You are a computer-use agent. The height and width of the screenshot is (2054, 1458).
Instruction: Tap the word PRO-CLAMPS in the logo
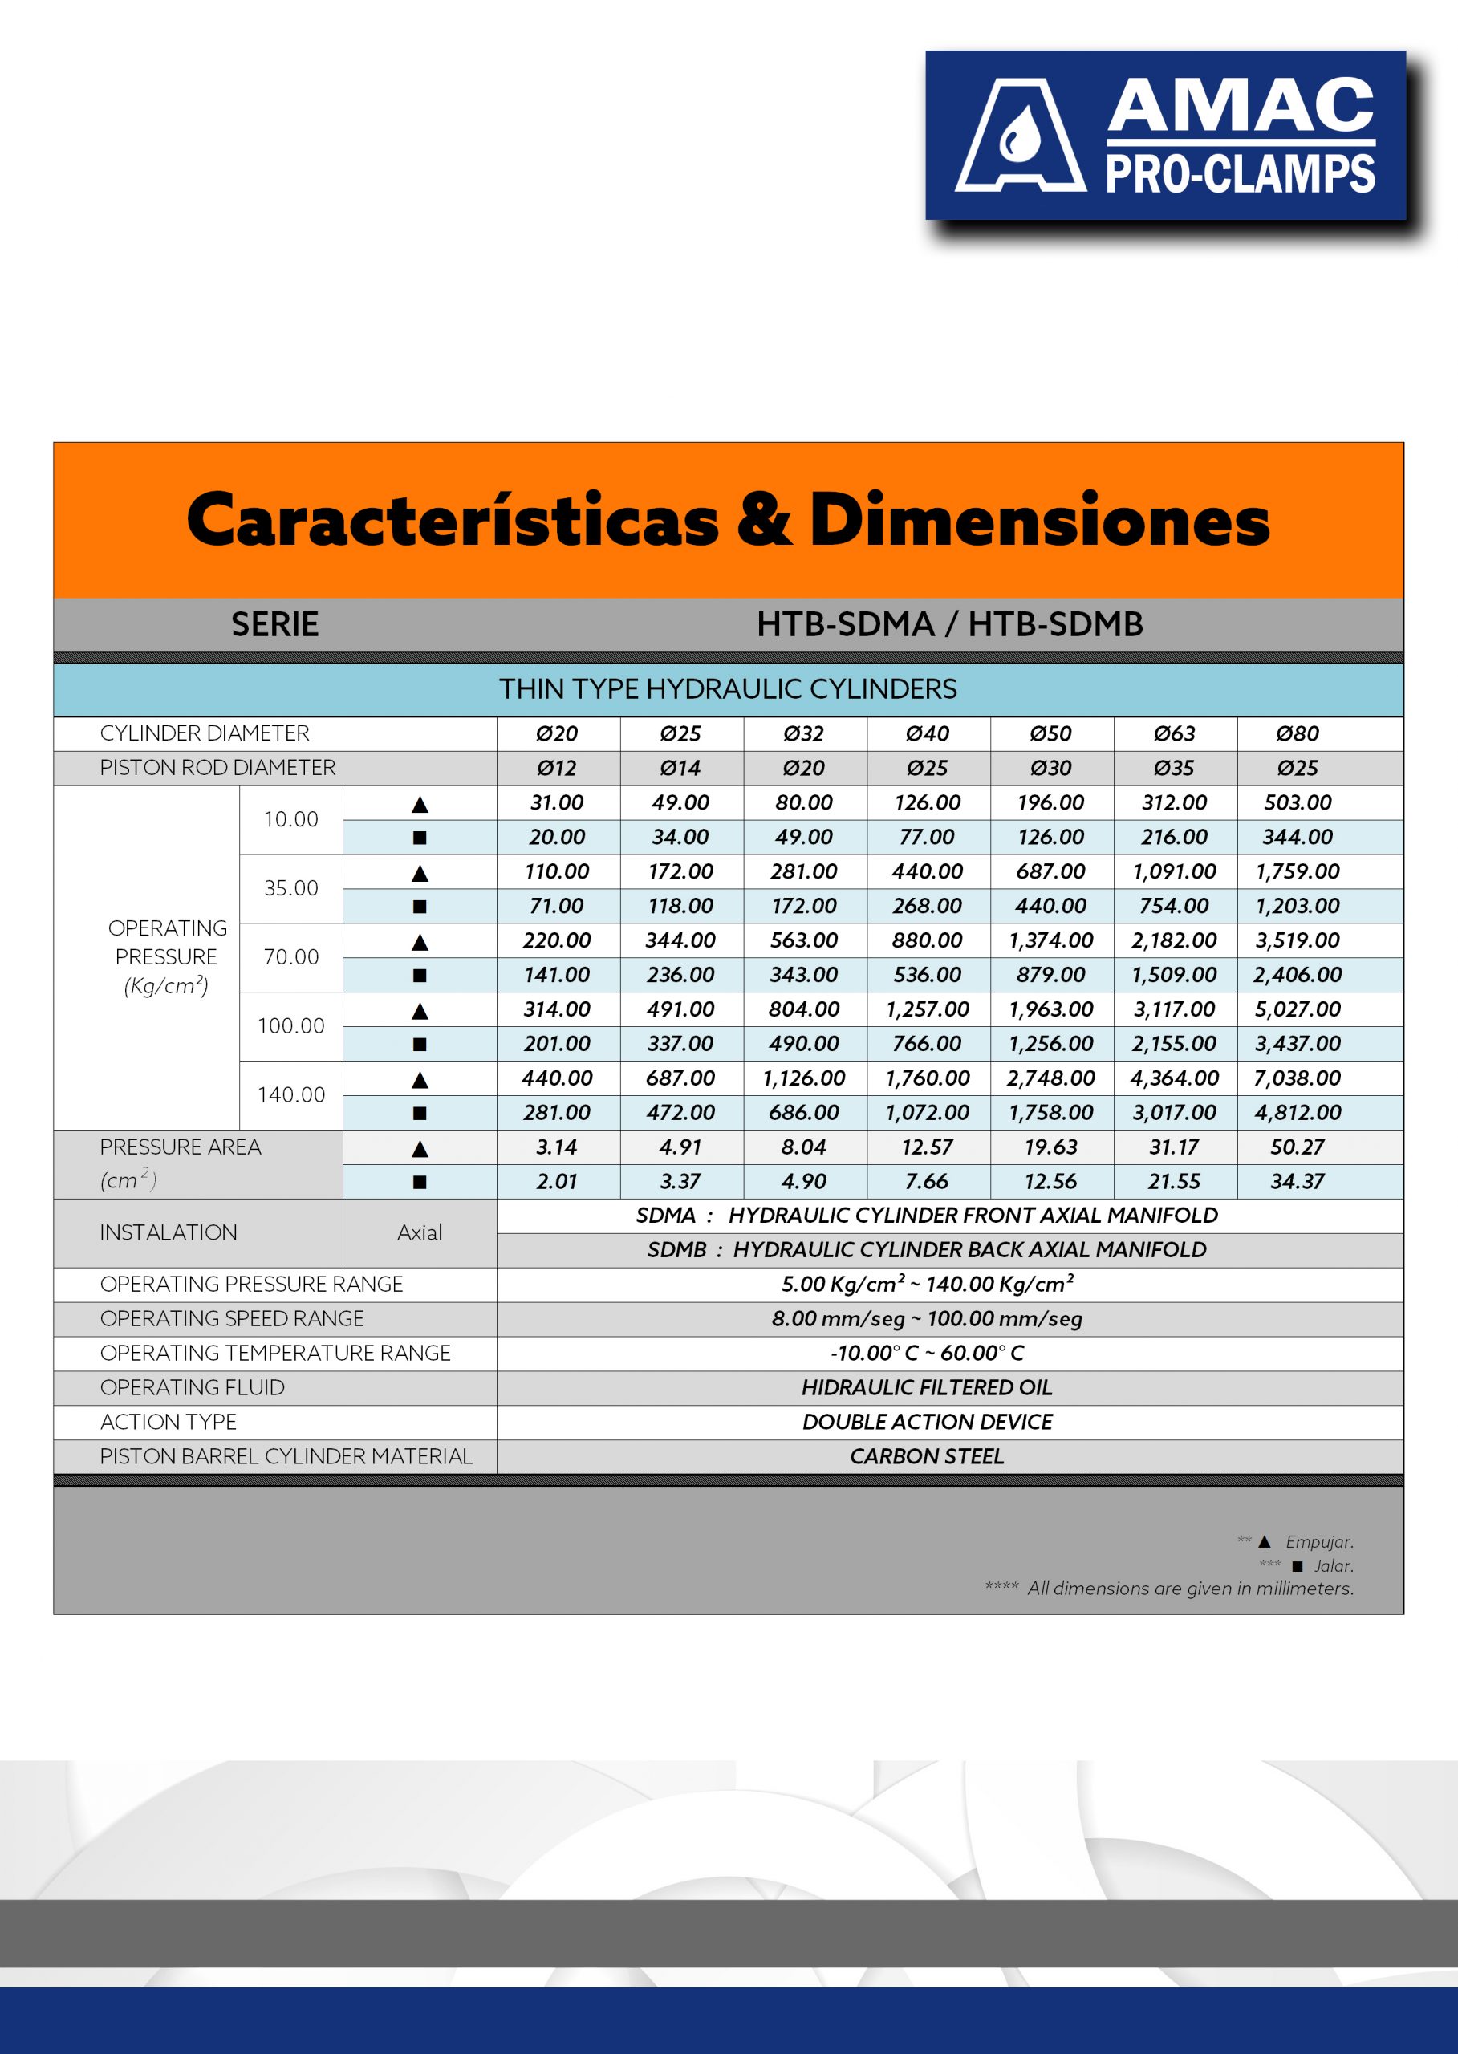(x=1240, y=174)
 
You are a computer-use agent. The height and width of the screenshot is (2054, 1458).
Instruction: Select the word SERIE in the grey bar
(x=274, y=624)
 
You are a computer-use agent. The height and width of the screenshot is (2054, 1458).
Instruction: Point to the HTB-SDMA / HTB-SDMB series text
(x=950, y=624)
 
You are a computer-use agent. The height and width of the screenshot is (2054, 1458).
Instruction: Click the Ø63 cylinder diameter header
(x=1174, y=733)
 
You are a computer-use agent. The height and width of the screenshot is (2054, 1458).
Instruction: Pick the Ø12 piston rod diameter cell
(x=557, y=769)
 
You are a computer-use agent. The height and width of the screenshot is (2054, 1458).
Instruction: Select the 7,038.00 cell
(x=1298, y=1078)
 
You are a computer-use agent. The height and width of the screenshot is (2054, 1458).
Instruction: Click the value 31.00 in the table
(x=557, y=802)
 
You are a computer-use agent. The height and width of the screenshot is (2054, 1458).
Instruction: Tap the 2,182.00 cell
(x=1174, y=940)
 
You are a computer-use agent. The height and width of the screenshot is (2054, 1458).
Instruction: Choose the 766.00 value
(x=928, y=1044)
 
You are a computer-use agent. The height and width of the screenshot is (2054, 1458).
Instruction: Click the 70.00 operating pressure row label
(x=291, y=957)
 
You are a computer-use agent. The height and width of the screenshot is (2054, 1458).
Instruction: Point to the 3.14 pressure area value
(x=557, y=1147)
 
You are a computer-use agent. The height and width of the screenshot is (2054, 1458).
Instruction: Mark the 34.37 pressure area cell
(x=1298, y=1181)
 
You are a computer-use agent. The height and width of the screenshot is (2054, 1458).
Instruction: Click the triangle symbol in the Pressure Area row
(x=419, y=1148)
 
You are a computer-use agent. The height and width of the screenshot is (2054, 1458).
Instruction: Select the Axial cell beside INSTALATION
(x=419, y=1232)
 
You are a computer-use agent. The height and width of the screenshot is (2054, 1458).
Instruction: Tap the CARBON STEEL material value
(x=927, y=1456)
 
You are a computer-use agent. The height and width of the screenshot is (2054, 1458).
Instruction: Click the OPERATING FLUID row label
(x=192, y=1387)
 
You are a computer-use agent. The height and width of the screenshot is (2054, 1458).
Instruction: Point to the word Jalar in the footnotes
(x=1333, y=1565)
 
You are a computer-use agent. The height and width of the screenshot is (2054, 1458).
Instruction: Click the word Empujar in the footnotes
(x=1319, y=1541)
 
